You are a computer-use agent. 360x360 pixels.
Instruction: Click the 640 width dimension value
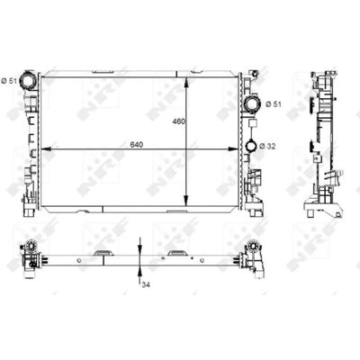pos(137,145)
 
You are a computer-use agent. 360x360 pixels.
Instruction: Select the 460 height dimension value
pos(179,121)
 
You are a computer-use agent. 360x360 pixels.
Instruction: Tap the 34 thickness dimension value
pos(146,284)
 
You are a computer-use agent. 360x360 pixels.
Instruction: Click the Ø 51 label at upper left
pos(9,80)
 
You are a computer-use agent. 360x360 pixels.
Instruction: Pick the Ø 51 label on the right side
pos(274,104)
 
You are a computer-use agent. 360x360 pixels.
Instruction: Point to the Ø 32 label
pos(267,146)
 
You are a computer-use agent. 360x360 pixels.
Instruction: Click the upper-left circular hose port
pos(28,80)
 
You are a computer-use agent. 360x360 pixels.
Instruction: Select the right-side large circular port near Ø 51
pos(253,103)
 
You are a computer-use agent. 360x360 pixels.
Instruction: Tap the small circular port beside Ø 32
pos(251,146)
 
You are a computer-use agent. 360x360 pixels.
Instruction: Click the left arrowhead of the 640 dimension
pos(45,148)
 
